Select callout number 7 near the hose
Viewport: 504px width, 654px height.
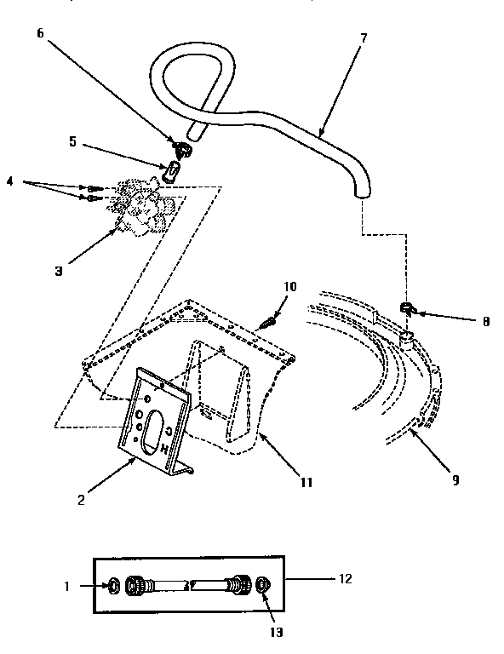coord(364,38)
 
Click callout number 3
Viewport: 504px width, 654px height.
coord(59,272)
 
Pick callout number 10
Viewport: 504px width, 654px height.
coord(289,287)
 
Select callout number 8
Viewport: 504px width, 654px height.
coord(484,322)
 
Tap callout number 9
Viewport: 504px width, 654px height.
coord(455,479)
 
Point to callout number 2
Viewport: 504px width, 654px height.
coord(81,499)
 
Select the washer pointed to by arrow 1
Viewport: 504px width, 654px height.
coord(112,585)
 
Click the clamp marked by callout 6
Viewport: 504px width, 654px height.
coord(182,149)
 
